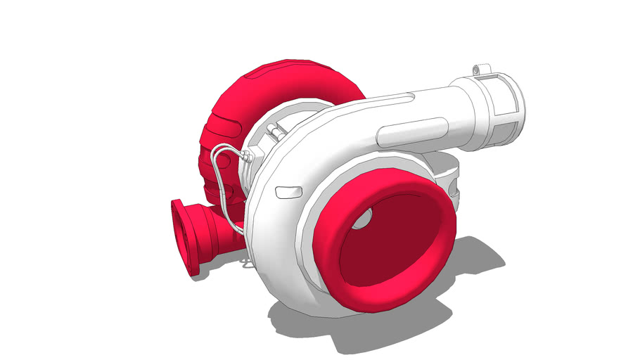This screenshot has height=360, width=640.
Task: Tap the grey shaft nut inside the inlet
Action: (x=361, y=221)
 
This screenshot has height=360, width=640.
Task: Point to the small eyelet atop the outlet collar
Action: (x=481, y=69)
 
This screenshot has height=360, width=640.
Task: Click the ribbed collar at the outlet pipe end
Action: (x=501, y=112)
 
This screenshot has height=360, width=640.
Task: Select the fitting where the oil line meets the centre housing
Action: (x=246, y=157)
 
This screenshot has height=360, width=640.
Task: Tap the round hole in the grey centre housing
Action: (x=454, y=191)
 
